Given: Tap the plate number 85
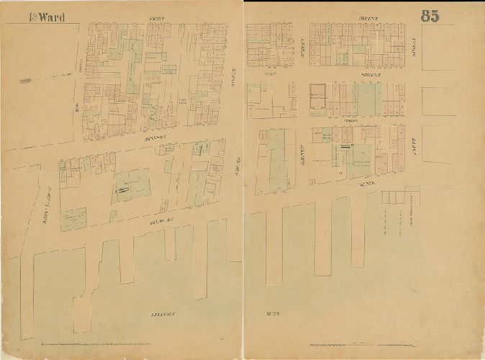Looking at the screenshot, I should tap(430, 17).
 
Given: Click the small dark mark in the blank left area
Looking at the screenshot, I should tap(25, 80).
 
